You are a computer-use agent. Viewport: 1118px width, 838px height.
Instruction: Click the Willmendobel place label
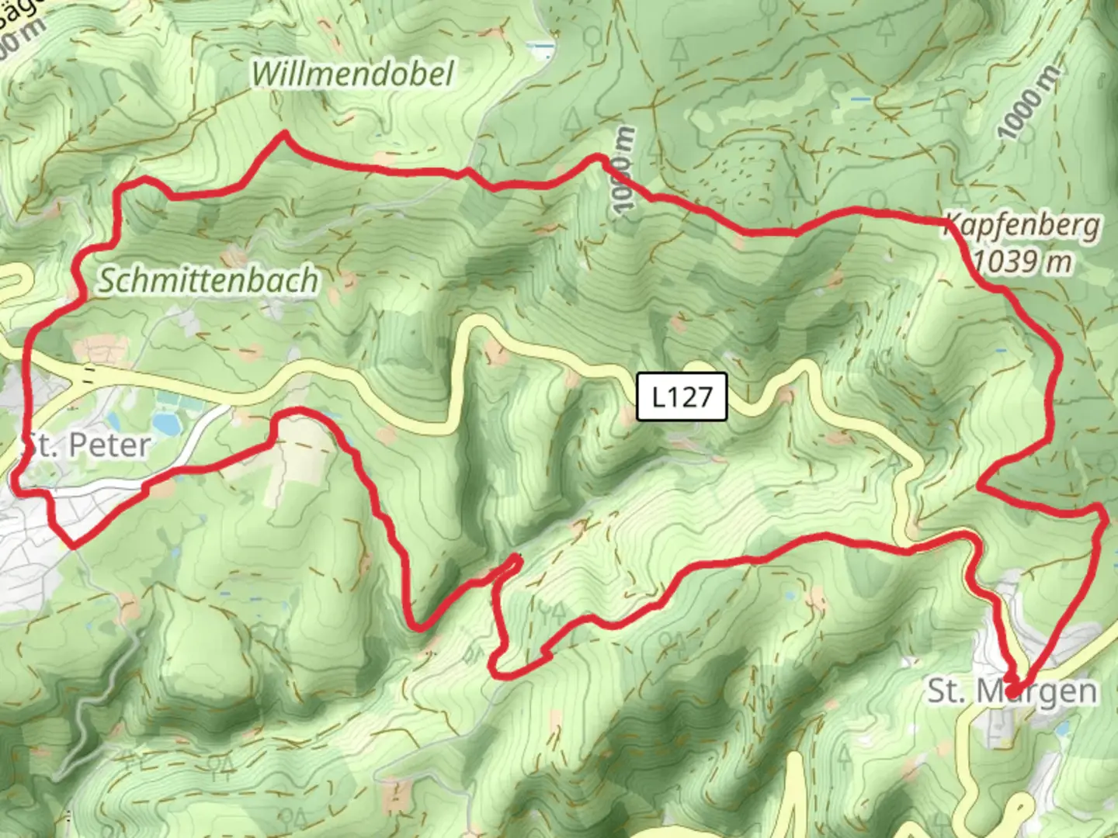pyautogui.click(x=352, y=74)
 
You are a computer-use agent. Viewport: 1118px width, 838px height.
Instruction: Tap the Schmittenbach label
pyautogui.click(x=207, y=280)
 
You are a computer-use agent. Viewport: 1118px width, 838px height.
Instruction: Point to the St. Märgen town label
pyautogui.click(x=1012, y=691)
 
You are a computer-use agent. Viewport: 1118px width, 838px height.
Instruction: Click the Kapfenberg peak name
pyautogui.click(x=1023, y=226)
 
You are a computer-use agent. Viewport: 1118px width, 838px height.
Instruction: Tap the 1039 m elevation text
pyautogui.click(x=1023, y=262)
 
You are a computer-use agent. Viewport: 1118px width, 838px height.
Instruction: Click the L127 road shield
pyautogui.click(x=682, y=396)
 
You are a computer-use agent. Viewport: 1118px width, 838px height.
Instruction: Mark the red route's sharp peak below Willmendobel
pyautogui.click(x=285, y=135)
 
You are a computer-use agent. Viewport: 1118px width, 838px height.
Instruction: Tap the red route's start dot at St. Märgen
pyautogui.click(x=1012, y=690)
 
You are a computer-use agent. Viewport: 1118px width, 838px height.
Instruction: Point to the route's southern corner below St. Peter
pyautogui.click(x=72, y=544)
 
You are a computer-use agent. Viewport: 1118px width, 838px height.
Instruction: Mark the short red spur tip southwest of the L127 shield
pyautogui.click(x=516, y=558)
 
